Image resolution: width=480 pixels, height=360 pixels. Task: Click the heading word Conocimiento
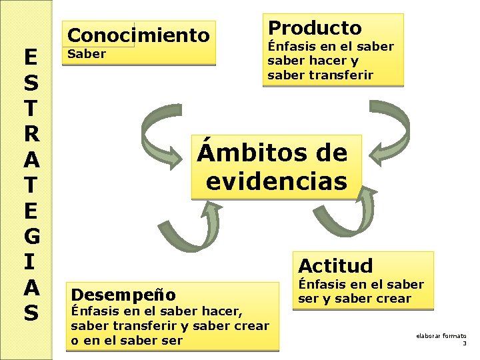coord(139,35)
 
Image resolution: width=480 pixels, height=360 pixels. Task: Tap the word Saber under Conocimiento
coord(87,55)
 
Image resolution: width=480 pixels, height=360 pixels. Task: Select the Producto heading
coord(314,28)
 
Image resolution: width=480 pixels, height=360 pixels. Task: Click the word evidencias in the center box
coord(277,181)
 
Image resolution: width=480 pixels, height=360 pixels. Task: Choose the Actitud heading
coord(335,265)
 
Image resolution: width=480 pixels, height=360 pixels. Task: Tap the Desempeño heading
coord(123,294)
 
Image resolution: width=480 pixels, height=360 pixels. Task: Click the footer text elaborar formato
coord(441,336)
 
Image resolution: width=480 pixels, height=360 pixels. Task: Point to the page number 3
coord(464,343)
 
